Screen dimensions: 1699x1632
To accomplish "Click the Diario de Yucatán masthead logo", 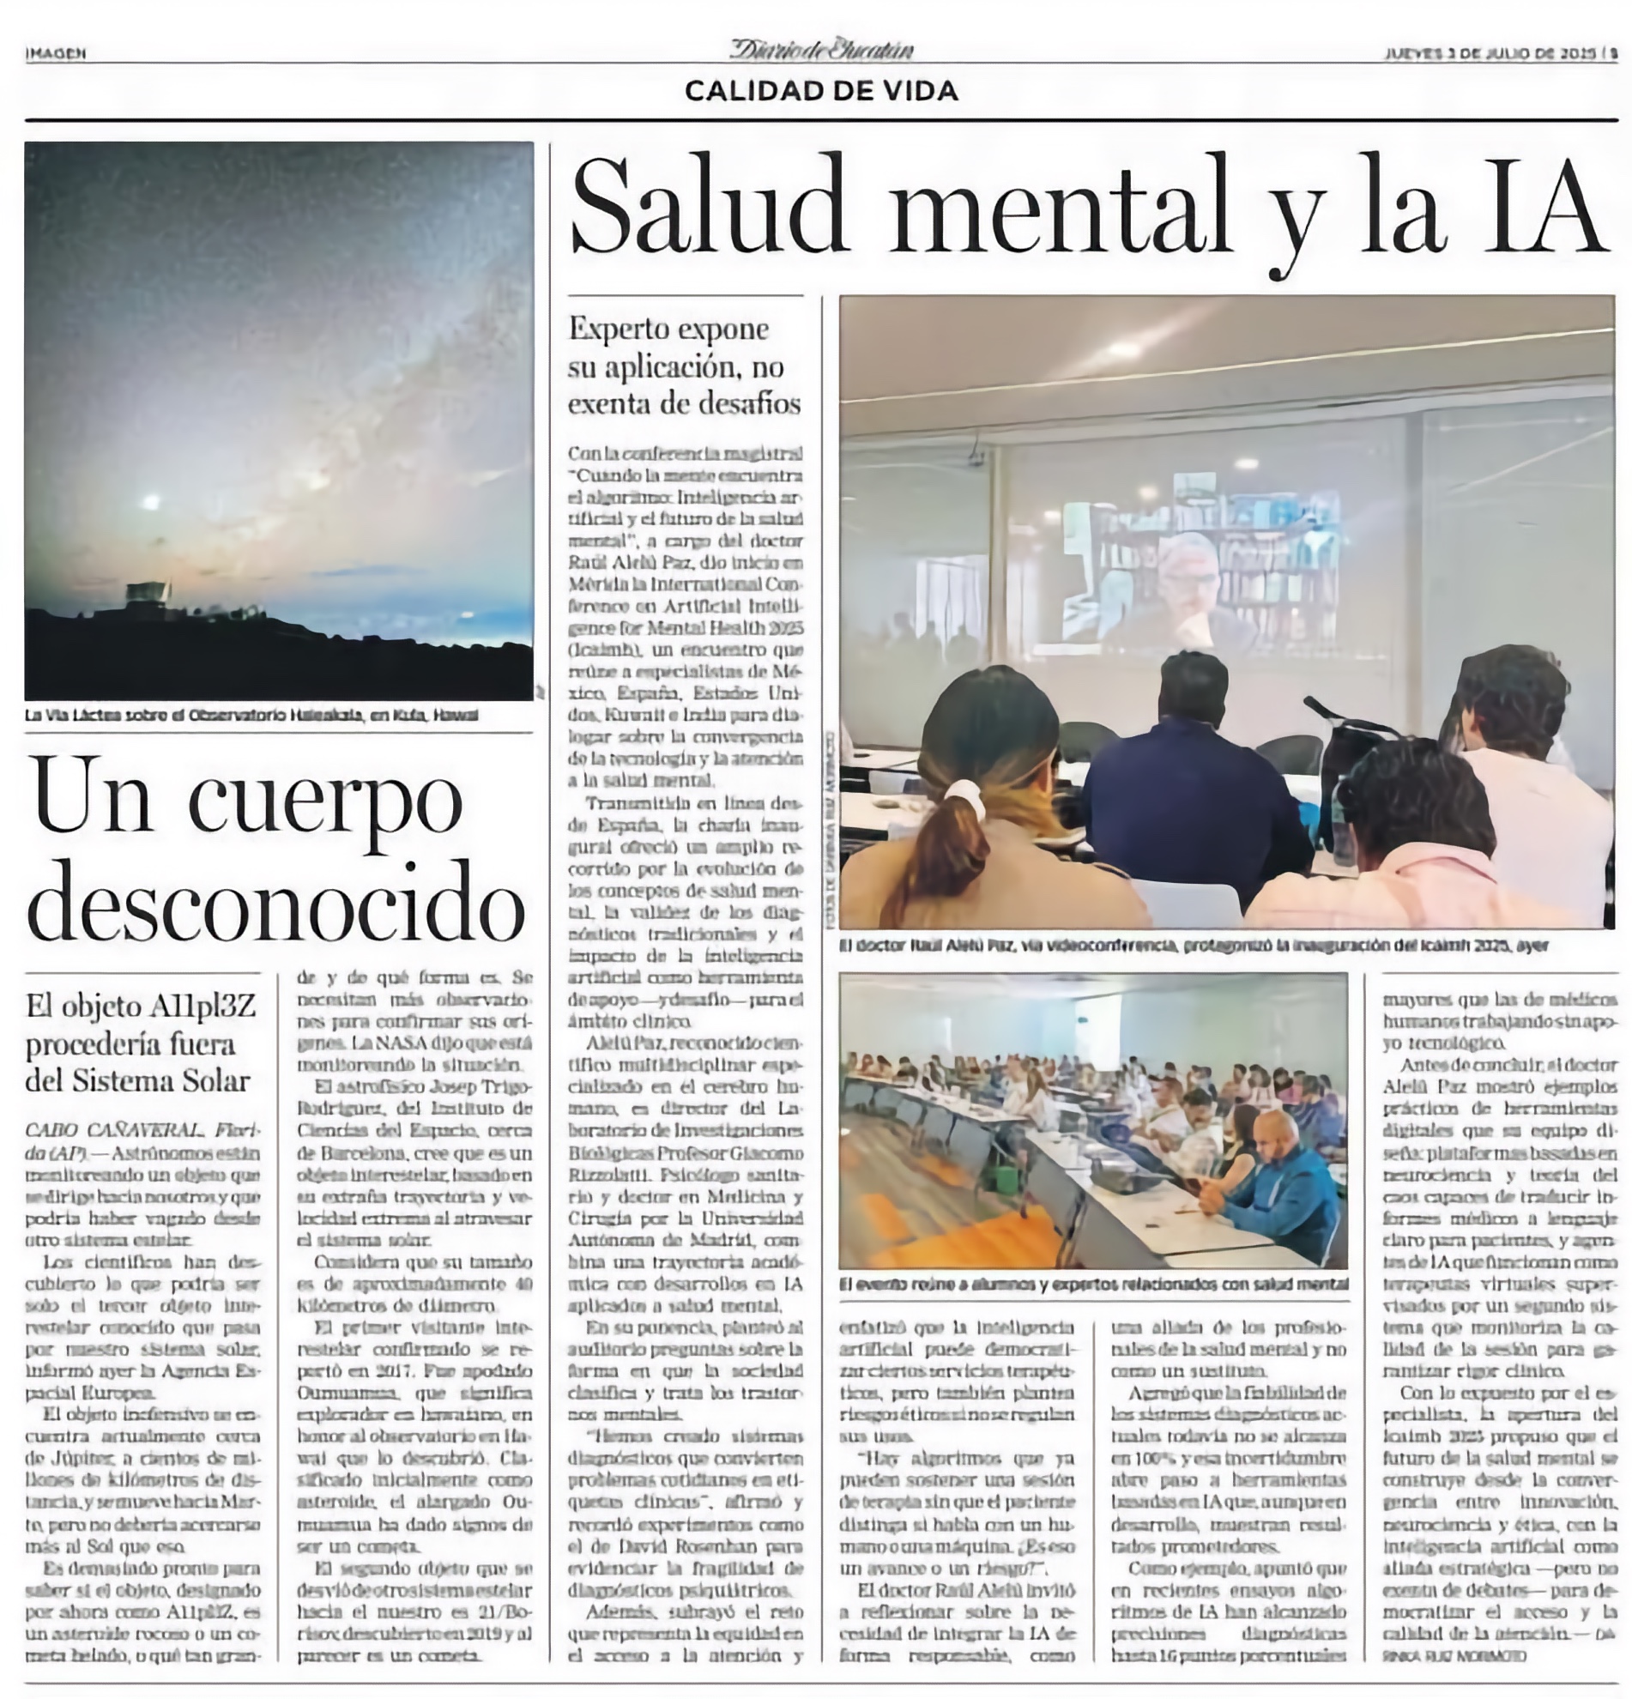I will click(x=821, y=50).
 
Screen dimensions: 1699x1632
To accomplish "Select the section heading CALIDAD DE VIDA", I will click(x=821, y=91).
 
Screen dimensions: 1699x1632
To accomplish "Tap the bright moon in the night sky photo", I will click(x=152, y=502).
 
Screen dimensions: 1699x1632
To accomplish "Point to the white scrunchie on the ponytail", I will click(x=964, y=796).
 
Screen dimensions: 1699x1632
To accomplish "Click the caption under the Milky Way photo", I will click(x=251, y=716).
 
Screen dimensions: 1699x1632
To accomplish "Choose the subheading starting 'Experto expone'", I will click(x=684, y=366).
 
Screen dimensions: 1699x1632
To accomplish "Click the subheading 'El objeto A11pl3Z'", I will click(x=141, y=1043).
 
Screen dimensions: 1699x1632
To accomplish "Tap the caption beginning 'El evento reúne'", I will click(x=1093, y=1284).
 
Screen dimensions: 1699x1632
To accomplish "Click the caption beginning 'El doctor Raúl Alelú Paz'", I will click(x=1193, y=946).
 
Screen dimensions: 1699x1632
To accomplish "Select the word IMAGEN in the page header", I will click(x=56, y=54).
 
